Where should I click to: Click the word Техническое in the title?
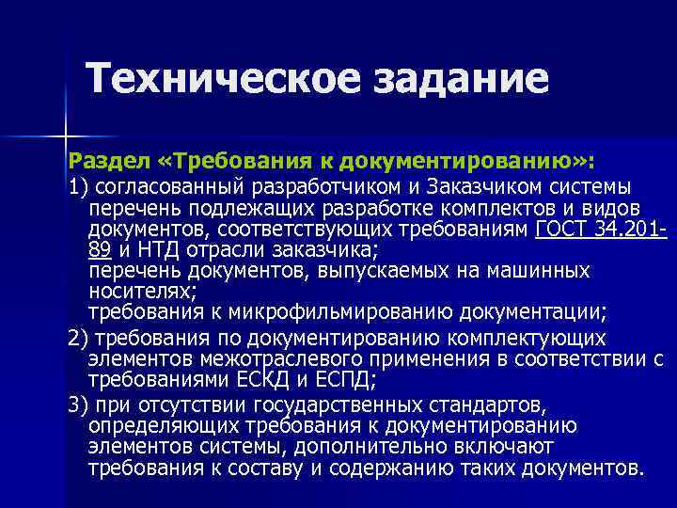(x=222, y=78)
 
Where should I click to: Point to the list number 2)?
(x=80, y=338)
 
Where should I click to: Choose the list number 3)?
(x=80, y=405)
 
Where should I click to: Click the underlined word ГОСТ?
(x=565, y=230)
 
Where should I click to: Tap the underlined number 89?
(x=101, y=250)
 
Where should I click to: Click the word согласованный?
(x=174, y=183)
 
